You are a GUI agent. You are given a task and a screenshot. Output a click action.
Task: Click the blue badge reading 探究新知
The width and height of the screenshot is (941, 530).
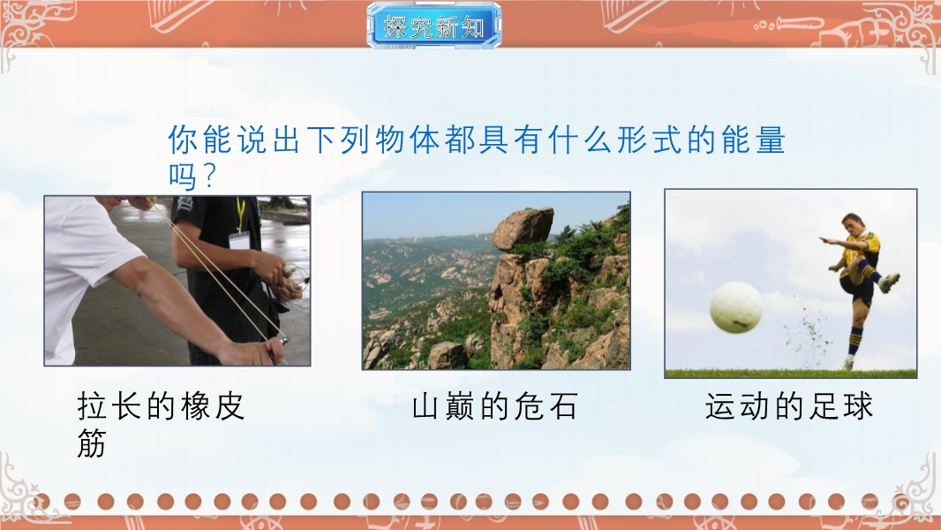(x=434, y=26)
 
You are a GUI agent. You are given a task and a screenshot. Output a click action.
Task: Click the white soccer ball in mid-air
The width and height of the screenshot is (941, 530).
(x=735, y=307)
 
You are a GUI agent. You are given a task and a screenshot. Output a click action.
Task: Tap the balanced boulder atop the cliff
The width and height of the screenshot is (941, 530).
(x=523, y=228)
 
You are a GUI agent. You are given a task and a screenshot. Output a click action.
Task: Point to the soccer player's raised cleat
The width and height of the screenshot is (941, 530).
(x=890, y=282)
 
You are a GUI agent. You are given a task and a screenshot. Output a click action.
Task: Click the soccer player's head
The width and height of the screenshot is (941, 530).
(x=852, y=224)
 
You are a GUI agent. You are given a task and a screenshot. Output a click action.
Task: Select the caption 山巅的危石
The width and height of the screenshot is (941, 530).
(x=494, y=406)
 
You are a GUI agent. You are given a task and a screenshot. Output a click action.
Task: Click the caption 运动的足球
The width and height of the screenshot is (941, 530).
(x=788, y=406)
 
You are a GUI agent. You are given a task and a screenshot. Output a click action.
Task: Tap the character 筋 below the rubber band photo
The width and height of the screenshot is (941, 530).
(x=92, y=443)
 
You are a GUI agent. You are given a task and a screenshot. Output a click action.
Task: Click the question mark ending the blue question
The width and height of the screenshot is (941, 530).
(x=209, y=177)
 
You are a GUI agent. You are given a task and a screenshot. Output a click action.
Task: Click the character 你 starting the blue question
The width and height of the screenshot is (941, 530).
(x=183, y=140)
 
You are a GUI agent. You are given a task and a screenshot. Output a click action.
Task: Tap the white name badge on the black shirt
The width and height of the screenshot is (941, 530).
(x=239, y=240)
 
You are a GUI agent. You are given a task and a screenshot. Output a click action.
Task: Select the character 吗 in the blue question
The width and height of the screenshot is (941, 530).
(x=183, y=177)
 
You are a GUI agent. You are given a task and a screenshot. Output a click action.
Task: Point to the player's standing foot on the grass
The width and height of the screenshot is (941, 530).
(x=847, y=364)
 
